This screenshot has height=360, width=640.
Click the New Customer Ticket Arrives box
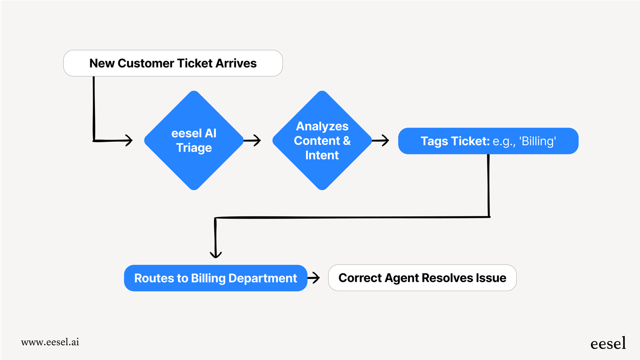tap(173, 63)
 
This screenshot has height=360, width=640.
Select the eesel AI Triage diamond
tap(194, 140)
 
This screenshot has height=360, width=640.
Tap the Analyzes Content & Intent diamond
tap(322, 140)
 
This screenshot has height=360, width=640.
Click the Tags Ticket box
tap(488, 141)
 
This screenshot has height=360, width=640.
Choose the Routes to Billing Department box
tap(215, 278)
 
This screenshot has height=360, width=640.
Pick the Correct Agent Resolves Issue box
tap(422, 278)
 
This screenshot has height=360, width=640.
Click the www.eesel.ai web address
tap(50, 342)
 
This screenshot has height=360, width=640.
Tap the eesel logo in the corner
tap(608, 344)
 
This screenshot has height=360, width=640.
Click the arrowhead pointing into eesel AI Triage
tap(129, 140)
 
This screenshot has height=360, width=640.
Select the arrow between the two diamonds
tap(253, 141)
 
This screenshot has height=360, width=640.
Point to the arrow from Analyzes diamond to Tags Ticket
tap(381, 141)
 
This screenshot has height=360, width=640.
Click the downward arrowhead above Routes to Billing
tap(216, 254)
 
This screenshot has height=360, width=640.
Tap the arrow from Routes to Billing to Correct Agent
tap(314, 278)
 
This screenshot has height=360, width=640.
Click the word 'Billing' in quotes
tap(538, 141)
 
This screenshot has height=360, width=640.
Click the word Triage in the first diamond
tap(194, 148)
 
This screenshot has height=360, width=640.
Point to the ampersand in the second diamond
tap(347, 141)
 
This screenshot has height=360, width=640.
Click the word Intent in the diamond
tap(322, 155)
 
